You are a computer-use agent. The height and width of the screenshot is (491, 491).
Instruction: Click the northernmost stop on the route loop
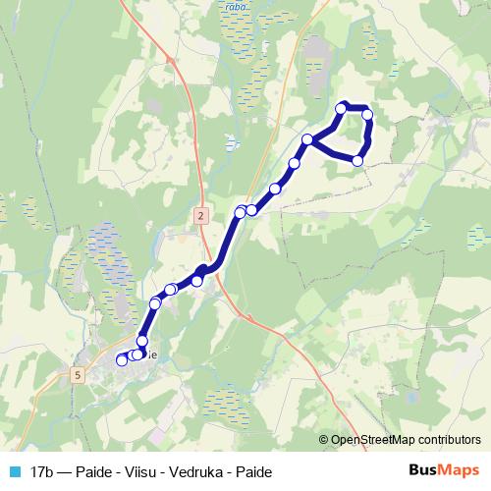pyautogui.click(x=342, y=108)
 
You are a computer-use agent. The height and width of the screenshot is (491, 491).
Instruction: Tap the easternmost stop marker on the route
pyautogui.click(x=368, y=115)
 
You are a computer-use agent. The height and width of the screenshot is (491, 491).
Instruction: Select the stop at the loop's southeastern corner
pyautogui.click(x=358, y=160)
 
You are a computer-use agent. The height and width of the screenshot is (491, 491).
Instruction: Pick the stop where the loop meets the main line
pyautogui.click(x=307, y=139)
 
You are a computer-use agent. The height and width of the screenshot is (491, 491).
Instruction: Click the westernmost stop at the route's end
pyautogui.click(x=122, y=360)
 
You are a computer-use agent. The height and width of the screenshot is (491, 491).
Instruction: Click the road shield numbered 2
pyautogui.click(x=200, y=215)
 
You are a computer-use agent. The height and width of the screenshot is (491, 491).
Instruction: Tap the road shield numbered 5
pyautogui.click(x=78, y=374)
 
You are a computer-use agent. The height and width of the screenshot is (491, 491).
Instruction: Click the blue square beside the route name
pyautogui.click(x=15, y=472)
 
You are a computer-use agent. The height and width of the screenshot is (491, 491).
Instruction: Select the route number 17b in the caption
pyautogui.click(x=42, y=472)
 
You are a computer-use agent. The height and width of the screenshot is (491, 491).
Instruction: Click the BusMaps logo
pyautogui.click(x=445, y=471)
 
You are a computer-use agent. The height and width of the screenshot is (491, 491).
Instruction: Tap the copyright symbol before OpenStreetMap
pyautogui.click(x=323, y=440)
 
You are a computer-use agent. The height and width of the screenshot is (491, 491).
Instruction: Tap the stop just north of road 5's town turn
pyautogui.click(x=142, y=340)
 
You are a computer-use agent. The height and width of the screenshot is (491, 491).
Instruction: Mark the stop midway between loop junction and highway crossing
pyautogui.click(x=275, y=189)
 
